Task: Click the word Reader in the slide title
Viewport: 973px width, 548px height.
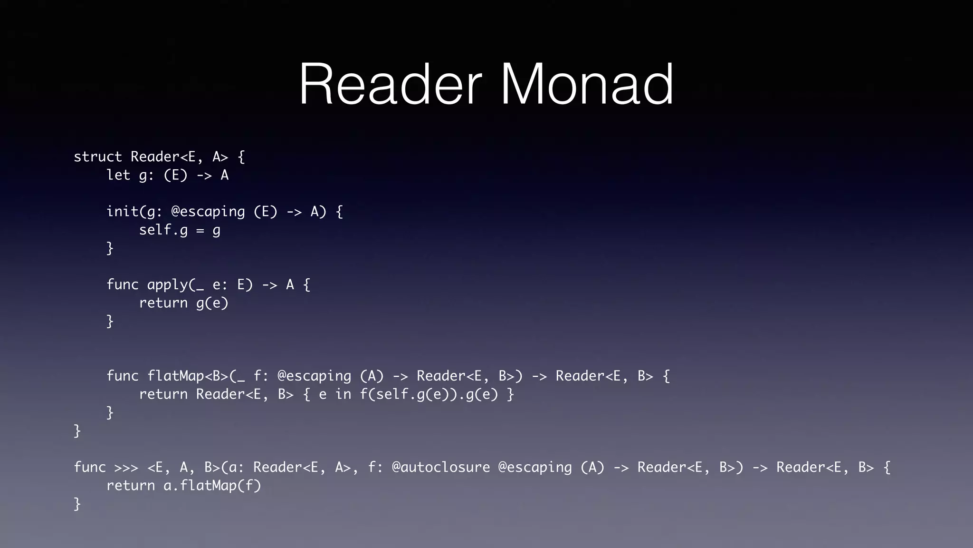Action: pyautogui.click(x=390, y=85)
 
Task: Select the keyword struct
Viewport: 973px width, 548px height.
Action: pyautogui.click(x=98, y=157)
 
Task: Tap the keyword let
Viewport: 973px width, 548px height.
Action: pyautogui.click(x=118, y=175)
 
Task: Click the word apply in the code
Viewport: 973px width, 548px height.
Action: pyautogui.click(x=168, y=284)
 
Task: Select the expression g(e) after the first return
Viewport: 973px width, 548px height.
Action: pyautogui.click(x=212, y=303)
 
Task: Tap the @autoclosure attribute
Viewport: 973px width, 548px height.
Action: pyautogui.click(x=440, y=467)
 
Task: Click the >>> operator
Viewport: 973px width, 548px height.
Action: pyautogui.click(x=126, y=468)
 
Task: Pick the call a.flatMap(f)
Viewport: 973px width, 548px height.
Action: pyautogui.click(x=212, y=486)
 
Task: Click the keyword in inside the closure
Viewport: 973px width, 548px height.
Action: pyautogui.click(x=343, y=394)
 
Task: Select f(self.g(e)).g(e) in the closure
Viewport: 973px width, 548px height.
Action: pyautogui.click(x=429, y=394)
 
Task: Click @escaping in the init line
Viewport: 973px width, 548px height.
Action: pyautogui.click(x=208, y=212)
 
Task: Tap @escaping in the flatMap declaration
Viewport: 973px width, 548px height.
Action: pyautogui.click(x=314, y=376)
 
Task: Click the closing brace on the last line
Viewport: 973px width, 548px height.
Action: pyautogui.click(x=77, y=504)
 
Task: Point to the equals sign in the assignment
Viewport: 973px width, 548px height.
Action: pyautogui.click(x=200, y=231)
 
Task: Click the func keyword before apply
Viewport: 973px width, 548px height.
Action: pyautogui.click(x=122, y=284)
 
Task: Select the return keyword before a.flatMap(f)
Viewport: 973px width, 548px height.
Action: pyautogui.click(x=131, y=486)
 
